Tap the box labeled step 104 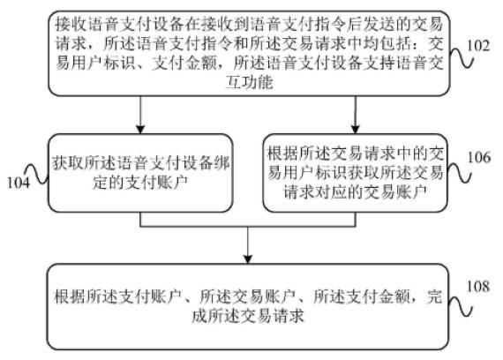click(142, 172)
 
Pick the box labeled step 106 click(357, 172)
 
